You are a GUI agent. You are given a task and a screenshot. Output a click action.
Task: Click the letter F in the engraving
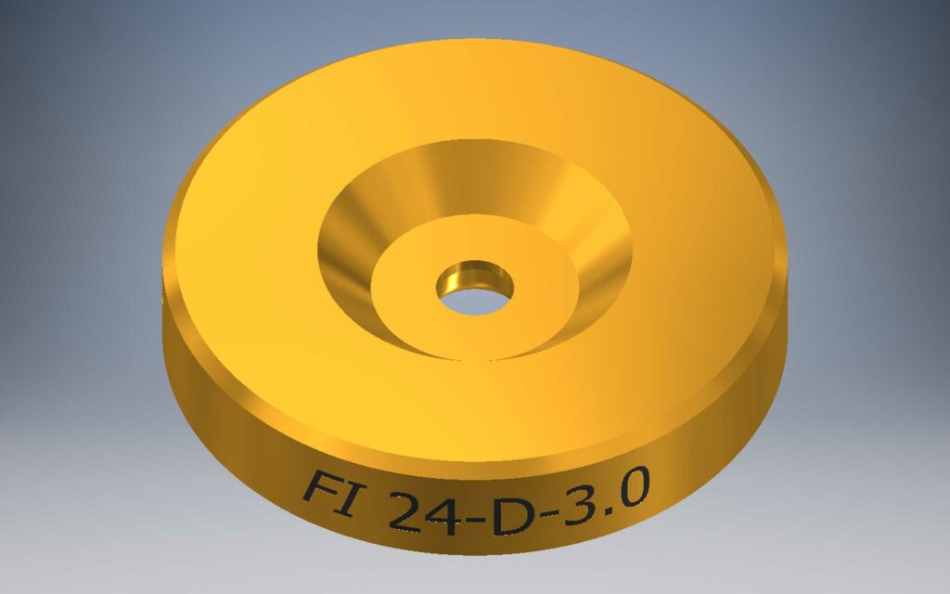point(319,489)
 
